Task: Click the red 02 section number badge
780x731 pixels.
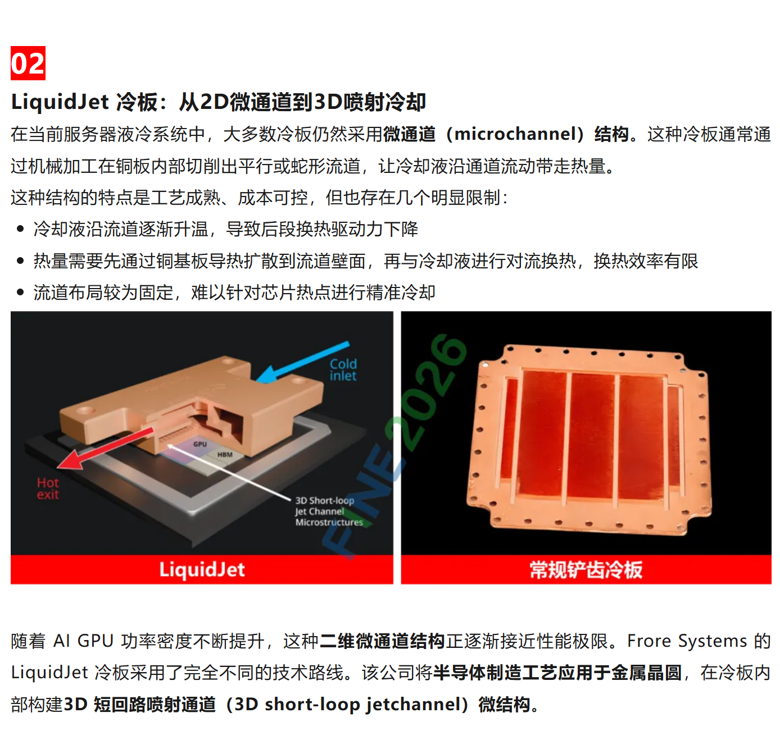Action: [28, 63]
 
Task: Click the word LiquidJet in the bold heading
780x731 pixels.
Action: [60, 102]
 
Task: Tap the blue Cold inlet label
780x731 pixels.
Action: [343, 370]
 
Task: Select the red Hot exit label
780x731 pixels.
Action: [48, 488]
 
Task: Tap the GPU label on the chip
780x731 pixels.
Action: [200, 444]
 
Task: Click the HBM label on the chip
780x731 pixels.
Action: [225, 455]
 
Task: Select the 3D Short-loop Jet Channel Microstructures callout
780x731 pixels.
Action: [329, 511]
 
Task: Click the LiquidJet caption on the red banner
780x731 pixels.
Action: [202, 569]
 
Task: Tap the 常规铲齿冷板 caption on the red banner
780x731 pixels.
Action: [586, 570]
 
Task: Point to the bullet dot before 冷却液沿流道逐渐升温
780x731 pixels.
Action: [20, 229]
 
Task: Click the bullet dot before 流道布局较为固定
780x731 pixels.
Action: [20, 293]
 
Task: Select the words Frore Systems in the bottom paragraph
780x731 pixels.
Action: [687, 641]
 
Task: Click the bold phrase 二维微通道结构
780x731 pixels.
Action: [382, 641]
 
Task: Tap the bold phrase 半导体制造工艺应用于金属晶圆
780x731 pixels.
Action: [557, 673]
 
